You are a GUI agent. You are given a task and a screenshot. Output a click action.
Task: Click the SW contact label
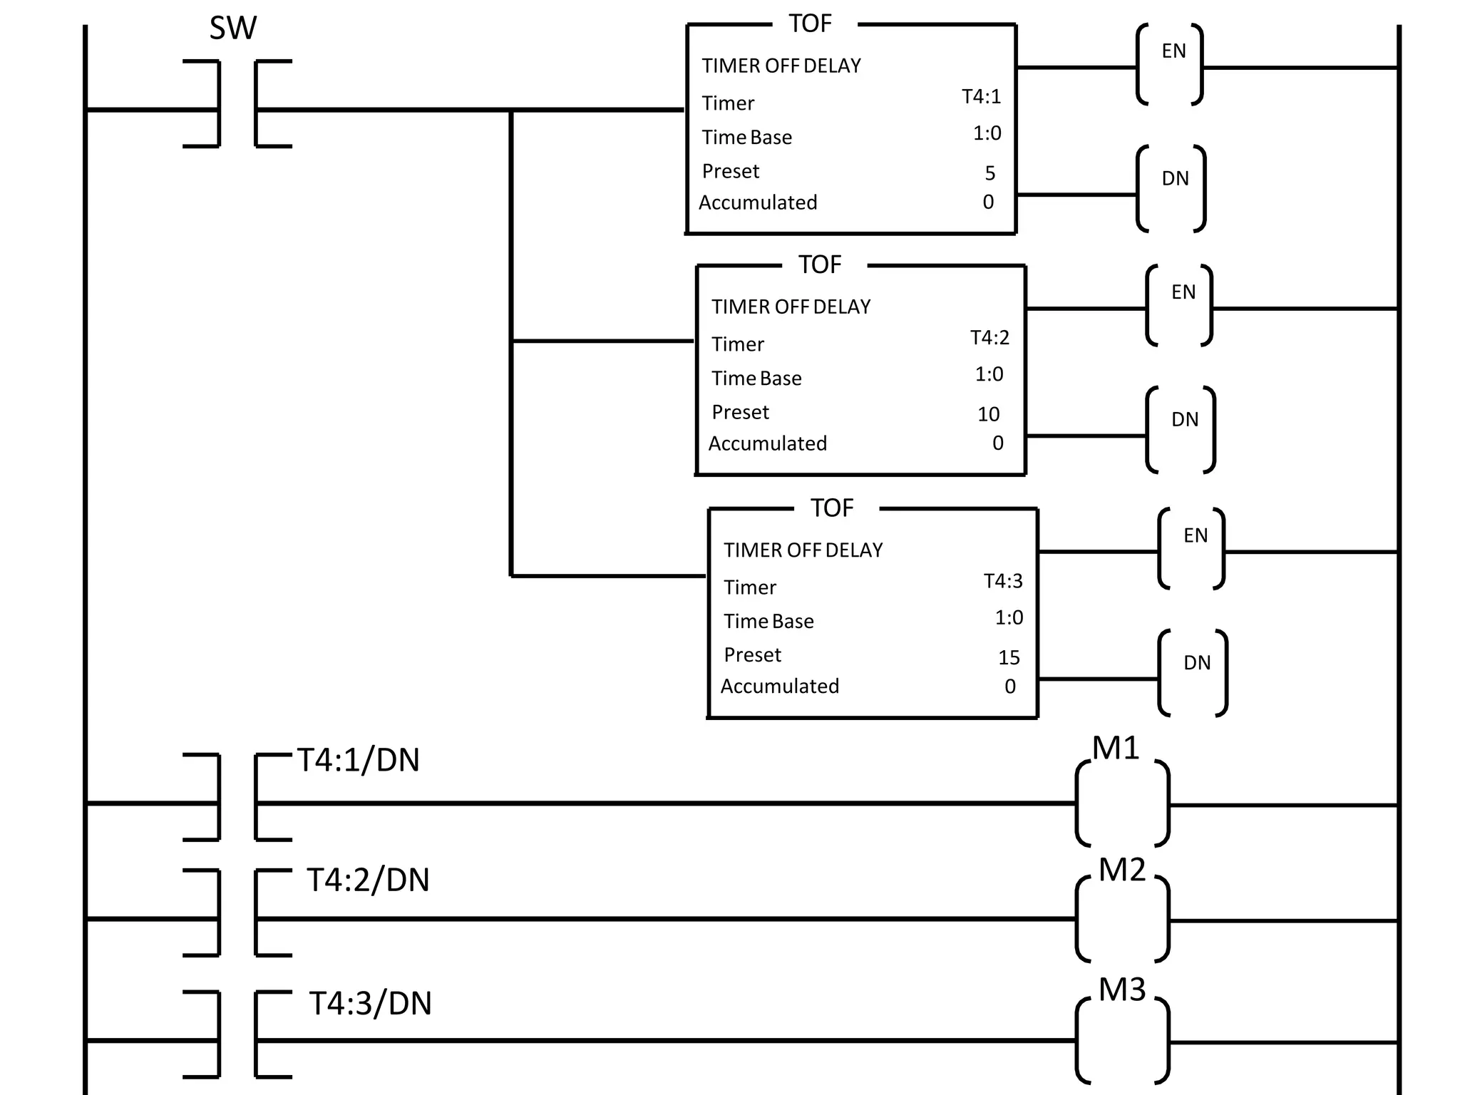tap(232, 29)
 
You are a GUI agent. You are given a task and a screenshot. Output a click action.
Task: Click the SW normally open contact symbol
tap(237, 104)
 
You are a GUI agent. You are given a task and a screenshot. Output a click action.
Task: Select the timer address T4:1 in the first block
tap(981, 97)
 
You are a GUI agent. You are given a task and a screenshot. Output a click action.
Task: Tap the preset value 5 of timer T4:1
tap(989, 173)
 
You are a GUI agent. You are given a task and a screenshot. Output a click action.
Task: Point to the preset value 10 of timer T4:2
tap(988, 414)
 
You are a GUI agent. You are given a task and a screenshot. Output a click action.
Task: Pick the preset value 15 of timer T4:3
tap(1009, 657)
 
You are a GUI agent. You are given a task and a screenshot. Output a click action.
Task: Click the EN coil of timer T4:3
tap(1191, 549)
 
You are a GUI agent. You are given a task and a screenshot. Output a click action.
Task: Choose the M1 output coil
tap(1122, 803)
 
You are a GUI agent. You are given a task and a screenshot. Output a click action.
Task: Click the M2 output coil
tap(1122, 919)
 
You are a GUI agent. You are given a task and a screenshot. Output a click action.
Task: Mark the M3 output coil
tap(1122, 1041)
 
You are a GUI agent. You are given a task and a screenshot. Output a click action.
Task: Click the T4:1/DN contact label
tap(358, 761)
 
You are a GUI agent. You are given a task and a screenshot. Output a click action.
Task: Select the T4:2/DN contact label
tap(368, 880)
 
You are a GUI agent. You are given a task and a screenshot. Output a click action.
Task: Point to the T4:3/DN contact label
tap(370, 1004)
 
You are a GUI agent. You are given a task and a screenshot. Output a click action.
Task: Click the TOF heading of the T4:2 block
tap(820, 265)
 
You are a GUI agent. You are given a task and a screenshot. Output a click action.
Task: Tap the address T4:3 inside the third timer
tap(1003, 582)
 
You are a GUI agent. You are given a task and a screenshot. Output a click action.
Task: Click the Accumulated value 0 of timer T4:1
tap(988, 202)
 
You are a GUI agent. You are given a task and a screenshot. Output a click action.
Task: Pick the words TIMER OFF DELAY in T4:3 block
tap(803, 550)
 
